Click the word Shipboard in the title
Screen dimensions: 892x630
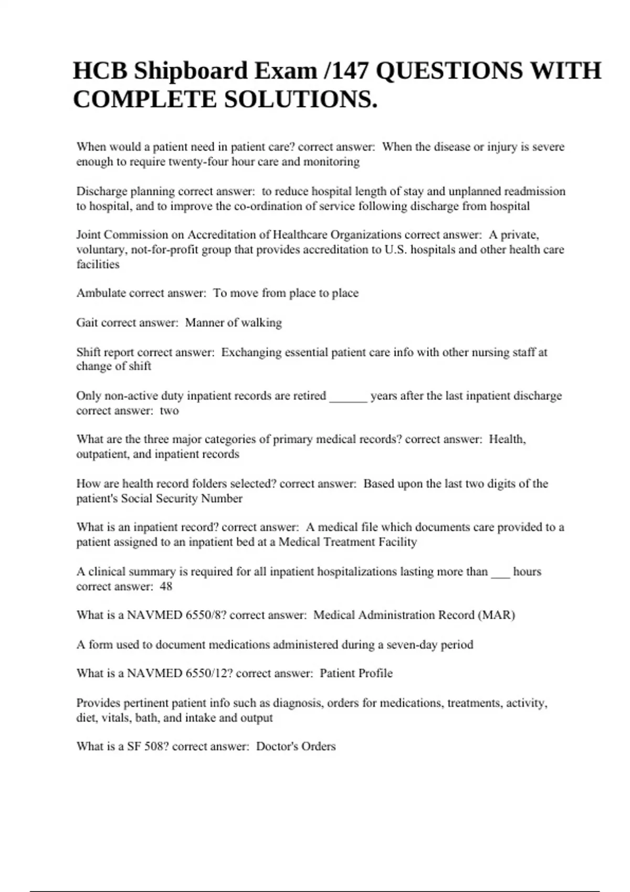[191, 71]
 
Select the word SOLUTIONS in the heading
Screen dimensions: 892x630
[300, 100]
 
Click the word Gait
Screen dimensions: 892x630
[87, 323]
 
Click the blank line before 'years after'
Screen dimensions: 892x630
[348, 397]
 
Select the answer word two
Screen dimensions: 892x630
[169, 411]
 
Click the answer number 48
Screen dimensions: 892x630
[166, 587]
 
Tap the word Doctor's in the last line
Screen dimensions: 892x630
[275, 747]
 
